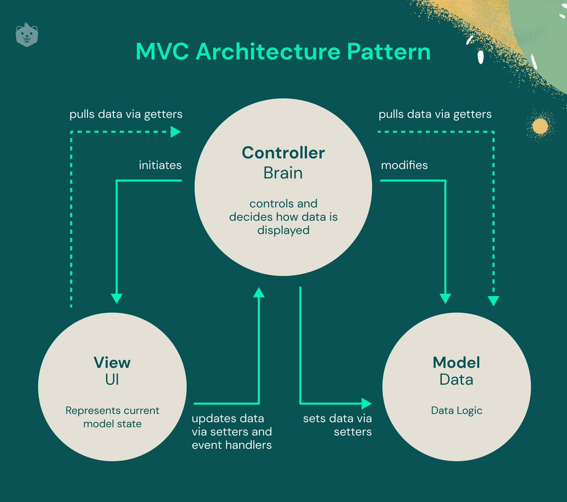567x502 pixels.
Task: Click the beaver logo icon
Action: point(27,35)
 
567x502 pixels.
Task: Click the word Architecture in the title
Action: point(268,52)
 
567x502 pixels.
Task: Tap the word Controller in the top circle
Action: point(283,153)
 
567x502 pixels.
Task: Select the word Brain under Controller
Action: point(283,173)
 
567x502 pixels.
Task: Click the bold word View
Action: point(112,363)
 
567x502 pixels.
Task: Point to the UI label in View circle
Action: point(112,379)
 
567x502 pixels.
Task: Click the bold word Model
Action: point(456,363)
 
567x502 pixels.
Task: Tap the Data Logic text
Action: point(456,410)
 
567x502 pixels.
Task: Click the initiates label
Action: point(160,165)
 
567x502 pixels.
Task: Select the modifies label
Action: point(404,165)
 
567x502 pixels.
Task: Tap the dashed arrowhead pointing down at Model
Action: point(493,300)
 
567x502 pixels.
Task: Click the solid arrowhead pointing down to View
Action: point(117,298)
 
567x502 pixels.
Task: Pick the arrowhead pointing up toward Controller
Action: point(259,293)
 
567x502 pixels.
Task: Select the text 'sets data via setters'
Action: point(338,425)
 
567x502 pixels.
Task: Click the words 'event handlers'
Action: point(232,445)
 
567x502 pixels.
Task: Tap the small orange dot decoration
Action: point(540,126)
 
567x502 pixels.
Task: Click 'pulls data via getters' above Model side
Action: point(435,114)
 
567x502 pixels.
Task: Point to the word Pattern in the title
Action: point(389,52)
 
